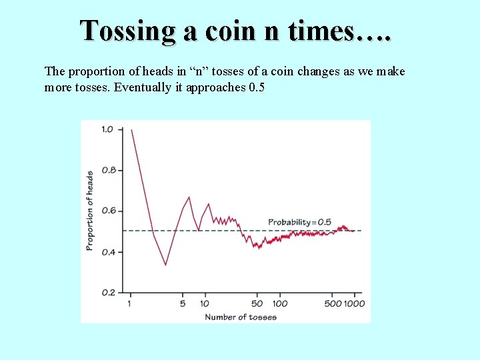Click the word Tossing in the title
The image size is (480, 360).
pos(126,31)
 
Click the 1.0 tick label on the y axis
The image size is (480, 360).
pos(107,129)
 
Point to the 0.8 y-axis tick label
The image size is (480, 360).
pos(107,170)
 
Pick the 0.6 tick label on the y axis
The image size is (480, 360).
pos(107,211)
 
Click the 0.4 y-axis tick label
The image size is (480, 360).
pos(107,251)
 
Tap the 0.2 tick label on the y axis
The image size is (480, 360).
pos(107,292)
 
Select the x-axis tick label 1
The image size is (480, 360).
pos(130,304)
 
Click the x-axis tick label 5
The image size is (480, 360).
pos(183,304)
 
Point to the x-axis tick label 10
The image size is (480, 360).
pos(205,304)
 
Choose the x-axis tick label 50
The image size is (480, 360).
pos(257,304)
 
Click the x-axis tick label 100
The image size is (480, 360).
pos(280,304)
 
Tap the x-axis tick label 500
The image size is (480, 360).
pos(333,304)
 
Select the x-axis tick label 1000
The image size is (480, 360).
pos(355,304)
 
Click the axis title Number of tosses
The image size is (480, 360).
pos(241,317)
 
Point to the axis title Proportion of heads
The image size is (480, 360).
pos(90,211)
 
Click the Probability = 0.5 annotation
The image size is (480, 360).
pos(299,222)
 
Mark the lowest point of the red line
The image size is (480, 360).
pos(165,265)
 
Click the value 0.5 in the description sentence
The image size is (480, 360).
pos(256,87)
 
